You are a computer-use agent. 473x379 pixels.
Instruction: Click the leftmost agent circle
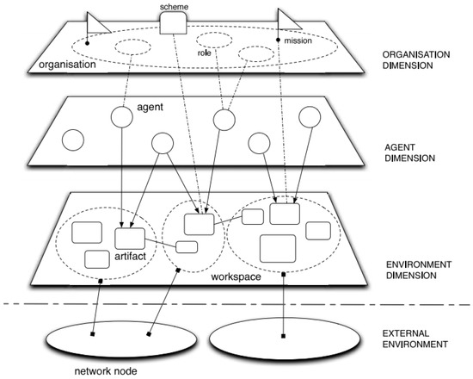pos(72,140)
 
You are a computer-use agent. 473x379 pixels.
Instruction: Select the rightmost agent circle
pos(309,116)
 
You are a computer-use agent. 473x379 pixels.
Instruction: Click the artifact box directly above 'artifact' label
pos(130,238)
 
